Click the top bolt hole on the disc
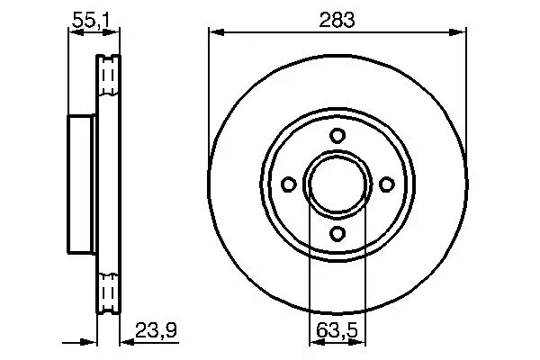click(337, 136)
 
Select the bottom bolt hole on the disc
click(337, 233)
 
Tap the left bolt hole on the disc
click(289, 184)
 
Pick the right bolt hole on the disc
click(387, 184)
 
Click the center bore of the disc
click(337, 184)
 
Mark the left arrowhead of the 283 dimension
click(215, 32)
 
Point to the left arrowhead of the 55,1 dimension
click(74, 32)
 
